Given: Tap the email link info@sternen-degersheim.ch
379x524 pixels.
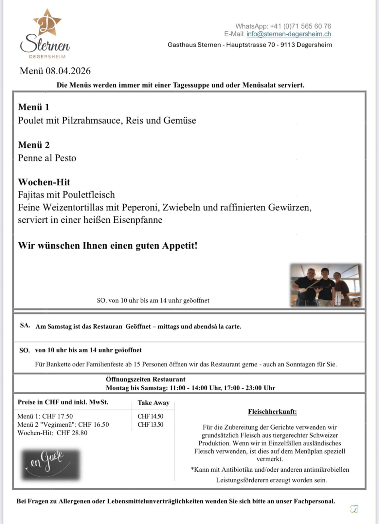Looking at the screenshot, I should click(289, 34).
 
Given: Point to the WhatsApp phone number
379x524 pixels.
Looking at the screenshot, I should click(300, 26).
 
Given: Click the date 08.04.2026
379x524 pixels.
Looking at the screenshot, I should click(68, 71).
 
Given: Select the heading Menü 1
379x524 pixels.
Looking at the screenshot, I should click(34, 107).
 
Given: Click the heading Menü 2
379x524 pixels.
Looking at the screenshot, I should click(34, 145).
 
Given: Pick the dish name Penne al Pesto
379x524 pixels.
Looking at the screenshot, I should click(47, 158).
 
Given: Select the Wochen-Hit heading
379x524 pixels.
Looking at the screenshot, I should click(44, 182).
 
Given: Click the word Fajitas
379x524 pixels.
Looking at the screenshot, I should click(31, 195).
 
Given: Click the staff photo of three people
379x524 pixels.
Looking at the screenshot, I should click(326, 285).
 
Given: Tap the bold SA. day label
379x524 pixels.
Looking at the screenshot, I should click(25, 326).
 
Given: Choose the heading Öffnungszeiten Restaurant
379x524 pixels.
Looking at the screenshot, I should click(146, 379).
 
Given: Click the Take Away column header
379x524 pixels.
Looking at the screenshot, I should click(153, 403).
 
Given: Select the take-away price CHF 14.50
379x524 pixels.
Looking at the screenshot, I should click(151, 416).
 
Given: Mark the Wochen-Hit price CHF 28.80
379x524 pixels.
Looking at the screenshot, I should click(72, 433).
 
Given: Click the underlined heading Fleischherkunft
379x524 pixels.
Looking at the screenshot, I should click(272, 412).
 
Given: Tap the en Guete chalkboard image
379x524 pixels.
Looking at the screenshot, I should click(50, 464).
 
